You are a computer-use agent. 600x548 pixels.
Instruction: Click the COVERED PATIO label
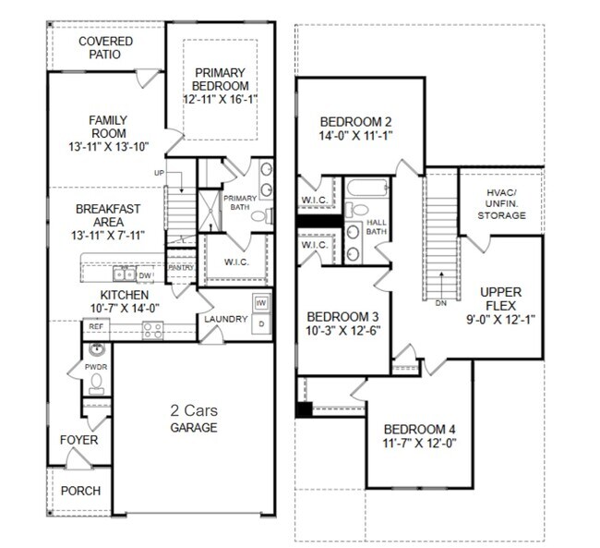[105, 49]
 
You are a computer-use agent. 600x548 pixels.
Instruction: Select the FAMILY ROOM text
[108, 127]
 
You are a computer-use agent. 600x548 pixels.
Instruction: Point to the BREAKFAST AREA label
[108, 217]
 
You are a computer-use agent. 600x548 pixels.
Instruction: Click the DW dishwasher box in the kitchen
[145, 274]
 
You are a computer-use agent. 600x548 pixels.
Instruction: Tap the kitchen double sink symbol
[123, 274]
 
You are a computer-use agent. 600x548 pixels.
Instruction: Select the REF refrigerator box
[95, 326]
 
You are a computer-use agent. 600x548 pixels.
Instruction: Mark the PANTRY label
[180, 268]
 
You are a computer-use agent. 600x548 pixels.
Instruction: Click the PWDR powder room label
[97, 366]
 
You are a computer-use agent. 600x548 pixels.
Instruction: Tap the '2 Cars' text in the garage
[193, 410]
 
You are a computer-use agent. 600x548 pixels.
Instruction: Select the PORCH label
[80, 491]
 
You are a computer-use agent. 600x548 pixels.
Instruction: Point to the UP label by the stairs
[160, 173]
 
